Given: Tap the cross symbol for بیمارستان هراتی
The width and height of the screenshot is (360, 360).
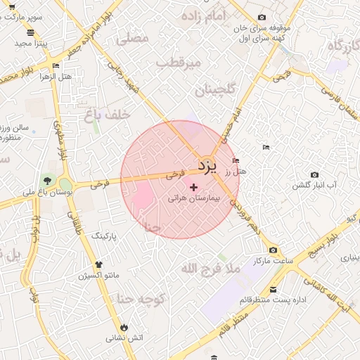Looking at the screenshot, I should (x=194, y=187).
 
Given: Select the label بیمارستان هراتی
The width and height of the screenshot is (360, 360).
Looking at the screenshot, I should (x=194, y=199).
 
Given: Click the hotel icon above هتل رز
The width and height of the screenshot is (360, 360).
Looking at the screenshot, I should (x=236, y=160).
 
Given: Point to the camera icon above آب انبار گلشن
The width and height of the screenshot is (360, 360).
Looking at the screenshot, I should (x=314, y=174).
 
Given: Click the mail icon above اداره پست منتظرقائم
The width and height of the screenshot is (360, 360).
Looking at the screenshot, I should (x=273, y=289).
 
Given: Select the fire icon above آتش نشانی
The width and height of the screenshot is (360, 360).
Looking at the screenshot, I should (x=124, y=327).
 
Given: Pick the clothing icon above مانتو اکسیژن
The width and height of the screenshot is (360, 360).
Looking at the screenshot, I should (x=98, y=264).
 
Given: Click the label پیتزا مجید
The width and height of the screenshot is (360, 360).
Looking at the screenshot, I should (x=30, y=43).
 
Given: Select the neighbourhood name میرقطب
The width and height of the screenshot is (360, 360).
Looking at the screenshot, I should (x=178, y=63).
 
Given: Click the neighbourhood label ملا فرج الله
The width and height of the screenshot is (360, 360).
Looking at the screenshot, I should (x=210, y=268).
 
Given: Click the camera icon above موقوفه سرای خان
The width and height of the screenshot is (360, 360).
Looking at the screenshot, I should (x=262, y=17).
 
